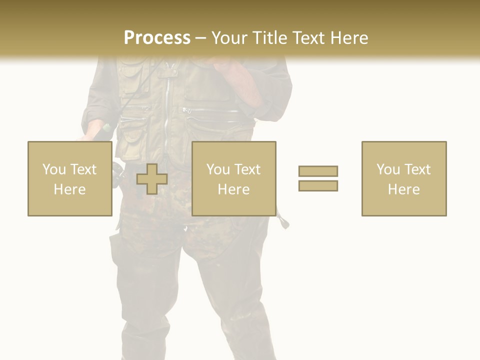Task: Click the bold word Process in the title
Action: pos(157,37)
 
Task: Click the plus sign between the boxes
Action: pos(152,179)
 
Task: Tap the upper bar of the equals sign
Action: pos(318,171)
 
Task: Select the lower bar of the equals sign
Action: pos(318,185)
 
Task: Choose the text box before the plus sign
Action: pos(69,178)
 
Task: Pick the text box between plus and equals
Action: pos(233,178)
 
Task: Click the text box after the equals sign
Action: pos(403,178)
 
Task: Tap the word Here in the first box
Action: pos(69,189)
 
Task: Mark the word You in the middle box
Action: pos(218,169)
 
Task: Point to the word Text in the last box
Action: pos(416,169)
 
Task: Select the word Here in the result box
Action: pos(403,189)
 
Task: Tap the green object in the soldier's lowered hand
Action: pos(106,128)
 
